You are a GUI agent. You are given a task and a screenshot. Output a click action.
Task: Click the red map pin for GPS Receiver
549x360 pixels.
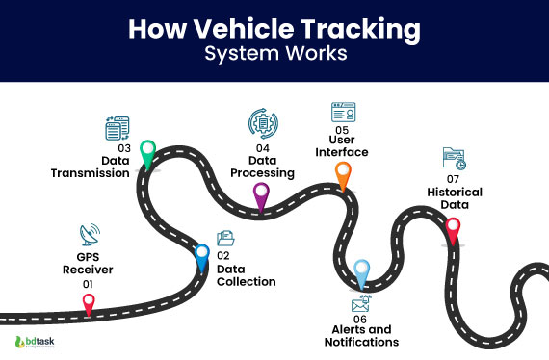pos(89,303)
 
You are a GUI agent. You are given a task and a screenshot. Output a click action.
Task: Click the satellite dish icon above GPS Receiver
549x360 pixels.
pos(90,235)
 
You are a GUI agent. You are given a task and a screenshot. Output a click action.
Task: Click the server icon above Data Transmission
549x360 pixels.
pos(116,129)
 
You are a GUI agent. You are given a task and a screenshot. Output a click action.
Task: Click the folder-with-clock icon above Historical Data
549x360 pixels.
pos(454,159)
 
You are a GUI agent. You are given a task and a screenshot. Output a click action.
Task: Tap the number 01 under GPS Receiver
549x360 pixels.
pos(89,284)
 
